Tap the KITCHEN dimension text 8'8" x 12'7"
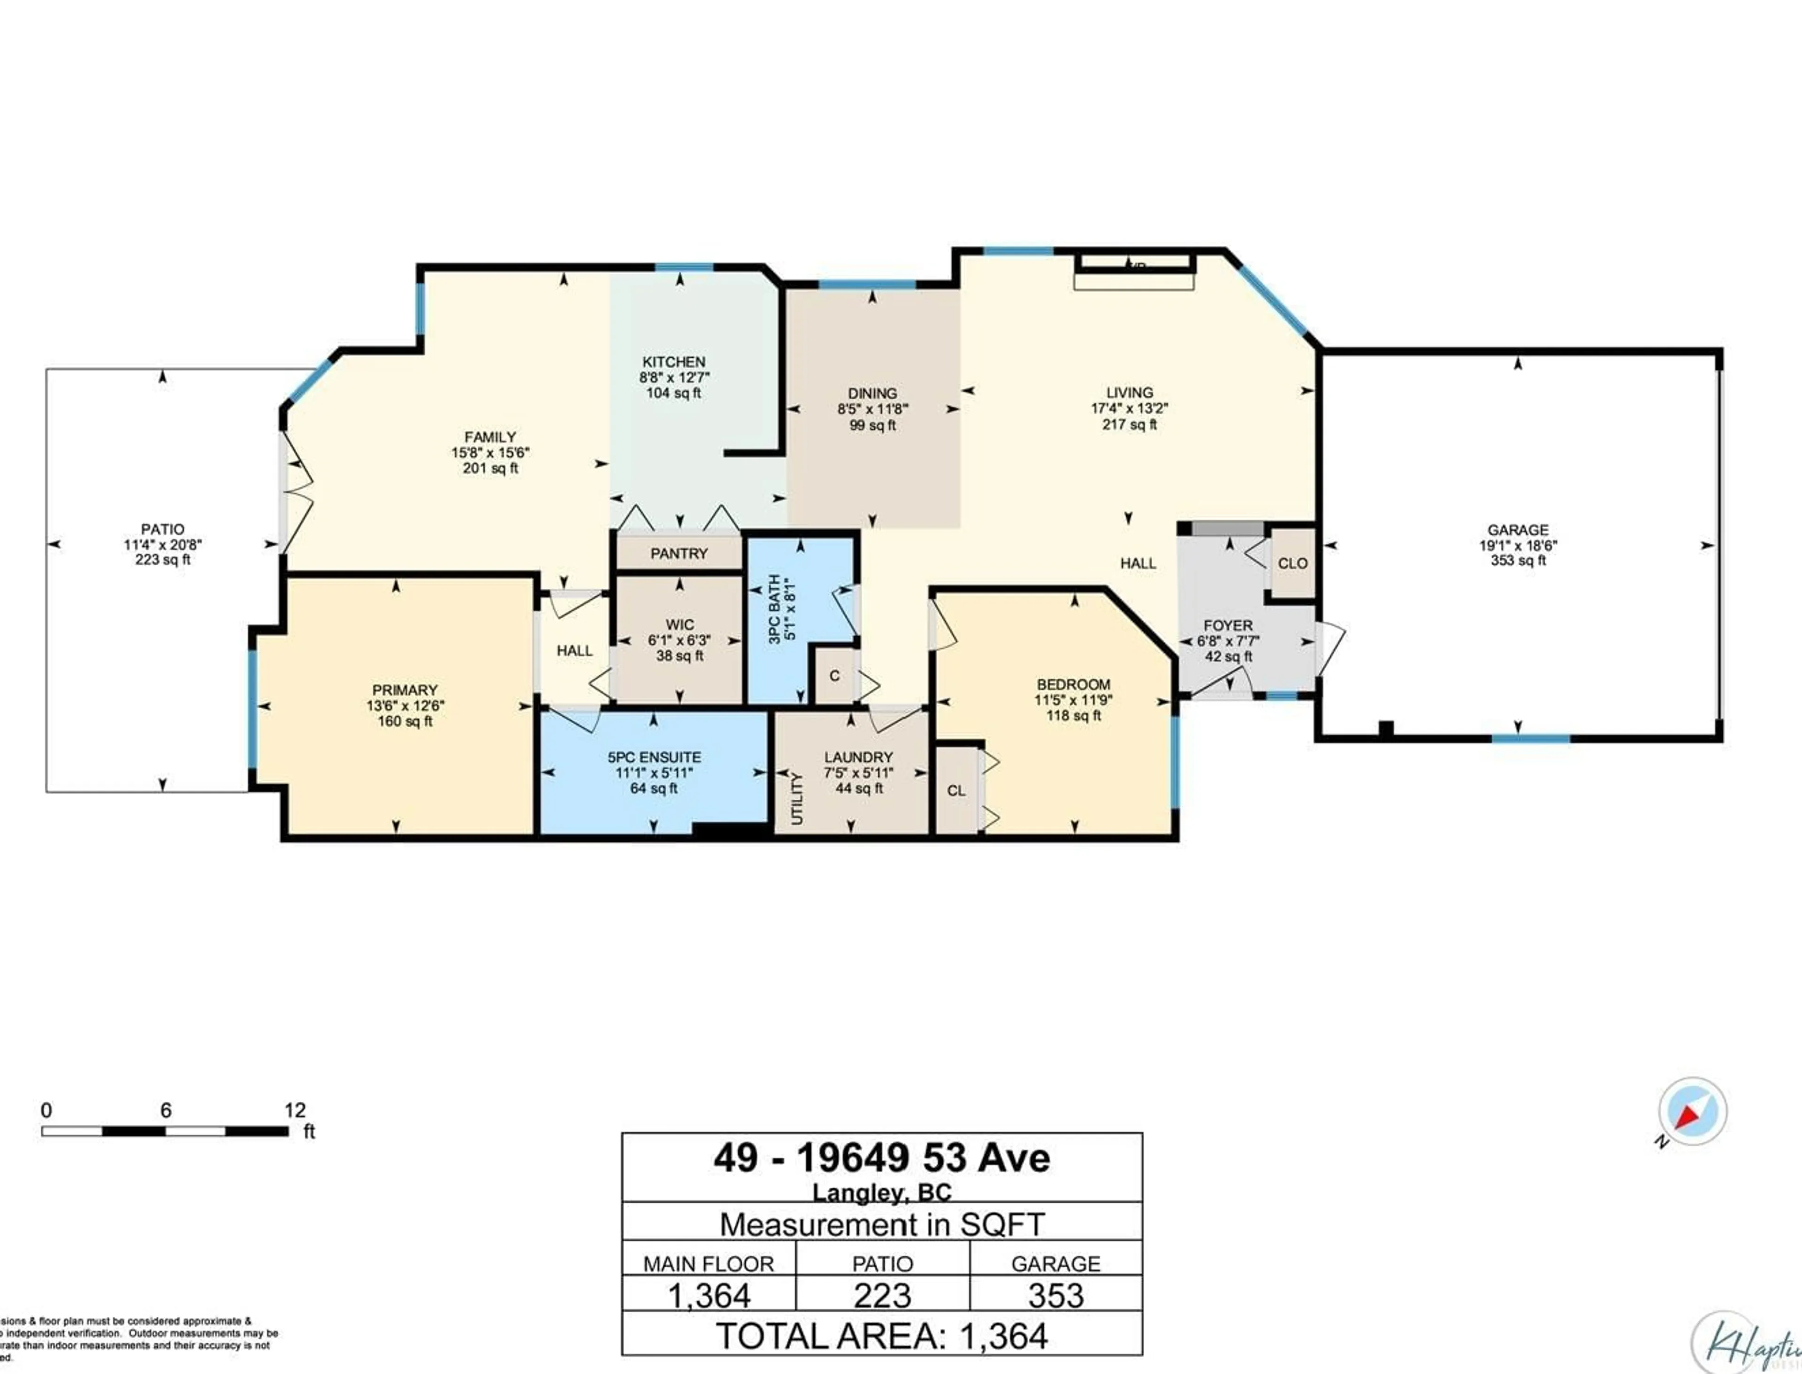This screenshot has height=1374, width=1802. coord(673,377)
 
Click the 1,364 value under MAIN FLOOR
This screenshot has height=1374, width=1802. coord(709,1296)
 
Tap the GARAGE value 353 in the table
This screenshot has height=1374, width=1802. coord(1055,1296)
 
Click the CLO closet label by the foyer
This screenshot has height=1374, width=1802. coord(1292,563)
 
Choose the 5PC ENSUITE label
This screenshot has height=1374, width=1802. coord(654,757)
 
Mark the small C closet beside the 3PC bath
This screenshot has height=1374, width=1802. coord(834,676)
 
